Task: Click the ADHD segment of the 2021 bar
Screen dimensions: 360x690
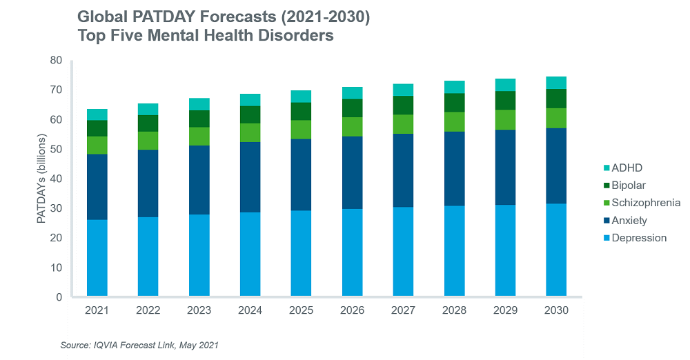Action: coord(97,114)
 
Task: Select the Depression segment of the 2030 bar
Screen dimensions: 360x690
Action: coord(556,250)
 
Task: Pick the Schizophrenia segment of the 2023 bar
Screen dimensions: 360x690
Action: coord(199,137)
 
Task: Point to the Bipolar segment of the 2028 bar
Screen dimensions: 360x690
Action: coord(454,103)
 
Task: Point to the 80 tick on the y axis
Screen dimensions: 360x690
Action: coord(56,61)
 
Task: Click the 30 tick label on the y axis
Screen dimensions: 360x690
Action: coord(56,208)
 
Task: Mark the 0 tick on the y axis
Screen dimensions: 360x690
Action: coord(59,297)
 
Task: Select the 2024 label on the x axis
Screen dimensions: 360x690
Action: coord(250,311)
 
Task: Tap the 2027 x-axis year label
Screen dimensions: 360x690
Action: coord(403,311)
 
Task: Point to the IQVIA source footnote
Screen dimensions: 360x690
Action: coord(144,343)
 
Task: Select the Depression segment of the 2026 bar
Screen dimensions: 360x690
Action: coord(352,253)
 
